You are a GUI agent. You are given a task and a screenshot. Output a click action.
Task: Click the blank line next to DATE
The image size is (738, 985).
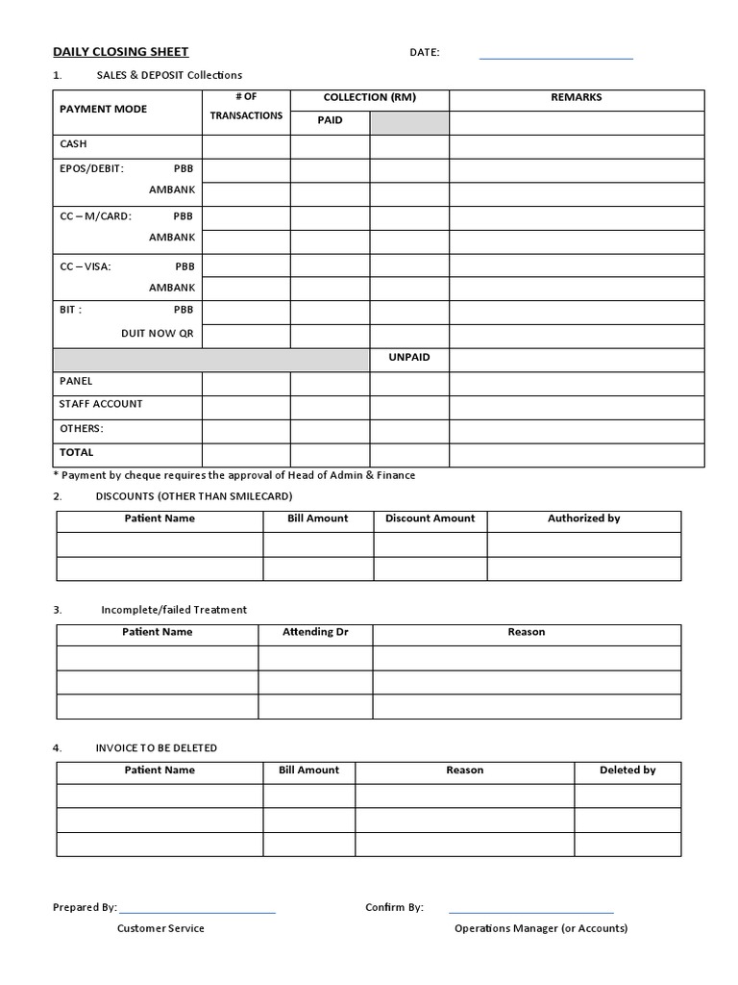555,58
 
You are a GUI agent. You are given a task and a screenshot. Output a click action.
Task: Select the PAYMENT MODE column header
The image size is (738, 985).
104,110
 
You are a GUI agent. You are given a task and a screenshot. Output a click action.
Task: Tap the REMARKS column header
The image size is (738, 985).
577,98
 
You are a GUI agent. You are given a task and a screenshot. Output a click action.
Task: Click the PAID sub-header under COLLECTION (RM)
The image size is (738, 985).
330,121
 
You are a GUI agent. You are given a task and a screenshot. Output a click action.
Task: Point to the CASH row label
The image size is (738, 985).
73,144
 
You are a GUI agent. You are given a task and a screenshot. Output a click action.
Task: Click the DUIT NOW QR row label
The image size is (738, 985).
157,334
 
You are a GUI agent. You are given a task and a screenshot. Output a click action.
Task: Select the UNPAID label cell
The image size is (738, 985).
409,358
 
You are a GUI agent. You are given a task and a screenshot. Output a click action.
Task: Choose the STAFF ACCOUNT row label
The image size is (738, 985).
101,404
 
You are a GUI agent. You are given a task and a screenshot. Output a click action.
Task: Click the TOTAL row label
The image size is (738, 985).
77,452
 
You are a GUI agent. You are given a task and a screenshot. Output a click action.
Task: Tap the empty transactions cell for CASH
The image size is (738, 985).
246,146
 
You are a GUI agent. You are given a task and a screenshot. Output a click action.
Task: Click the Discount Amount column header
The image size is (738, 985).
430,518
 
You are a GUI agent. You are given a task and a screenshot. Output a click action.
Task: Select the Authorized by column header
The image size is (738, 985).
583,518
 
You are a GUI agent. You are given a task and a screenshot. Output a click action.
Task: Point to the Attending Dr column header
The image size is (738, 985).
314,633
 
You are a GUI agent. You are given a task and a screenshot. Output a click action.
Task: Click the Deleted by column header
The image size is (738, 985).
627,770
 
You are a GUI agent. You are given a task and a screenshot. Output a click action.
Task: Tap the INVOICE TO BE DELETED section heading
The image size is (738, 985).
157,748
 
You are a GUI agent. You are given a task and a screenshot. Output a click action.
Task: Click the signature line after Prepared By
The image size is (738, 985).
197,910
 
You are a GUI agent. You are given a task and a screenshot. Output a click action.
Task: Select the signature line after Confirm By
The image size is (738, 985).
530,910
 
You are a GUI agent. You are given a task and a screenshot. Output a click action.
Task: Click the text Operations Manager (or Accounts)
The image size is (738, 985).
541,929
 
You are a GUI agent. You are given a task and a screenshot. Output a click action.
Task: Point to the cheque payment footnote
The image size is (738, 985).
235,475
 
